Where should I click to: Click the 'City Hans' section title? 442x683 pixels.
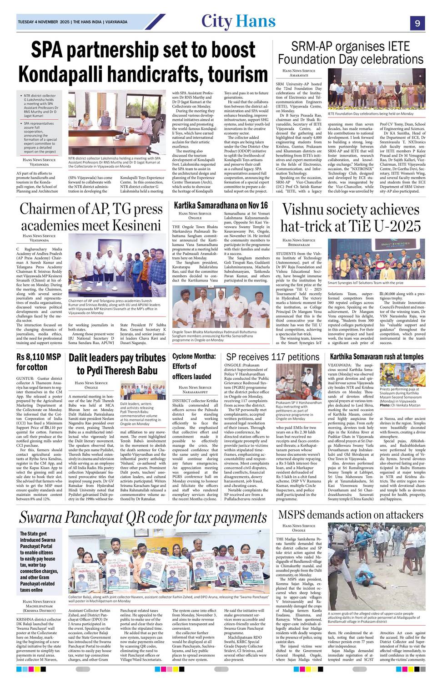pyautogui.click(x=238, y=21)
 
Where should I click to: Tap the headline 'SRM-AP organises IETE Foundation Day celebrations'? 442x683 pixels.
pyautogui.click(x=351, y=53)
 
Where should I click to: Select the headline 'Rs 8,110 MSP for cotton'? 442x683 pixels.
pyautogui.click(x=39, y=362)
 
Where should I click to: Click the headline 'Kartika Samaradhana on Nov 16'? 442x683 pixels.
pyautogui.click(x=221, y=205)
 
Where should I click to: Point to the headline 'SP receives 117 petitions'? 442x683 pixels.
pyautogui.click(x=273, y=357)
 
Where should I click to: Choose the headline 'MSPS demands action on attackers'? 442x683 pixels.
pyautogui.click(x=351, y=515)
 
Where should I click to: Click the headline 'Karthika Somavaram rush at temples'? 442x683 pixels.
pyautogui.click(x=377, y=356)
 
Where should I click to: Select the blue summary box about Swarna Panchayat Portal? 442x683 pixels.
pyautogui.click(x=40, y=561)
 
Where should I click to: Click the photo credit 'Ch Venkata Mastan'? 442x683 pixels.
pyautogui.click(x=408, y=405)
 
